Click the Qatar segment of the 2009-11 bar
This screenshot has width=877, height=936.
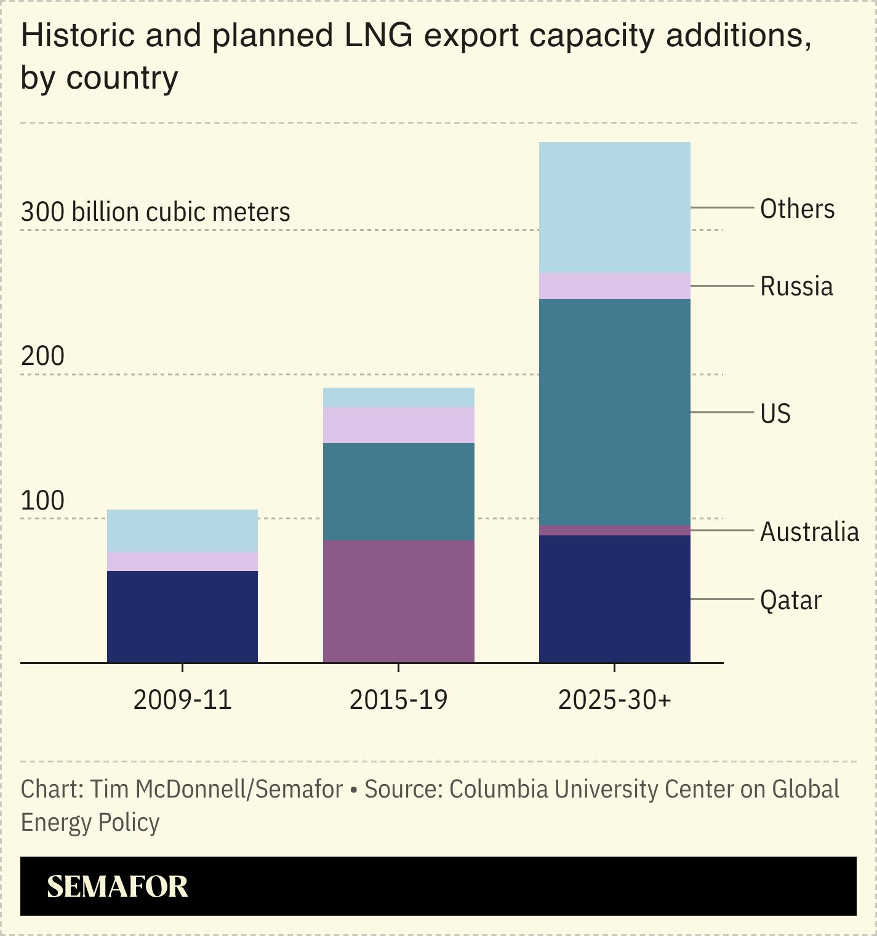[x=182, y=616]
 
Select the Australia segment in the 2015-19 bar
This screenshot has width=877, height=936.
[x=398, y=601]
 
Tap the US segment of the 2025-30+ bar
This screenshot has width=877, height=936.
[x=614, y=412]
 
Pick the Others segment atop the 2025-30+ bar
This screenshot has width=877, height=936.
[x=614, y=207]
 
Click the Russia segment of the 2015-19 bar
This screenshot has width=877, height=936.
[x=398, y=425]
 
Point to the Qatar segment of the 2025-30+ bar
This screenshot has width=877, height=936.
[x=614, y=598]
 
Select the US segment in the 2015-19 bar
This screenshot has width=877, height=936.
[x=398, y=491]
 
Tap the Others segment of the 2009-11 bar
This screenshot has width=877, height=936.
[x=182, y=530]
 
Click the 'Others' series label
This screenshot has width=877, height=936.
[x=797, y=209]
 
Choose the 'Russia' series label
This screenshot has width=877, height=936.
[x=796, y=287]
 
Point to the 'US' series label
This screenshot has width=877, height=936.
[x=775, y=414]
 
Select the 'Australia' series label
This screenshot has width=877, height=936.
[x=809, y=532]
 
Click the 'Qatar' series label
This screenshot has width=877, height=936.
[x=790, y=600]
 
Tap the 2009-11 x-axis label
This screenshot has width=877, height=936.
[x=182, y=700]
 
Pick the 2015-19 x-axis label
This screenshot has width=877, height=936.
[x=398, y=700]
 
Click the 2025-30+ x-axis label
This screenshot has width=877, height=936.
[x=614, y=700]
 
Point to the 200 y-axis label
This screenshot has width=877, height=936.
[x=42, y=356]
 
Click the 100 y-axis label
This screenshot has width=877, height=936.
[x=42, y=501]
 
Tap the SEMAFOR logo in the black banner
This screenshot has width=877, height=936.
[x=118, y=887]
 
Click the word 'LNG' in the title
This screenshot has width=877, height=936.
[x=378, y=35]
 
